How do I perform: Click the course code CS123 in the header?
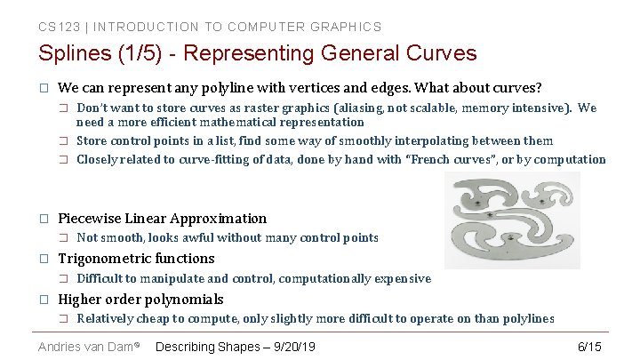click(x=56, y=27)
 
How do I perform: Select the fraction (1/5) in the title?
click(x=138, y=53)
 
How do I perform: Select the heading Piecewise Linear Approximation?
click(x=162, y=218)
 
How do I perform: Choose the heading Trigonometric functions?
click(x=136, y=259)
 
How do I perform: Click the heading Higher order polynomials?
click(x=140, y=300)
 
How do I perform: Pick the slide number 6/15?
click(x=589, y=346)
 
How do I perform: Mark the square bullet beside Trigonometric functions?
click(x=42, y=259)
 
